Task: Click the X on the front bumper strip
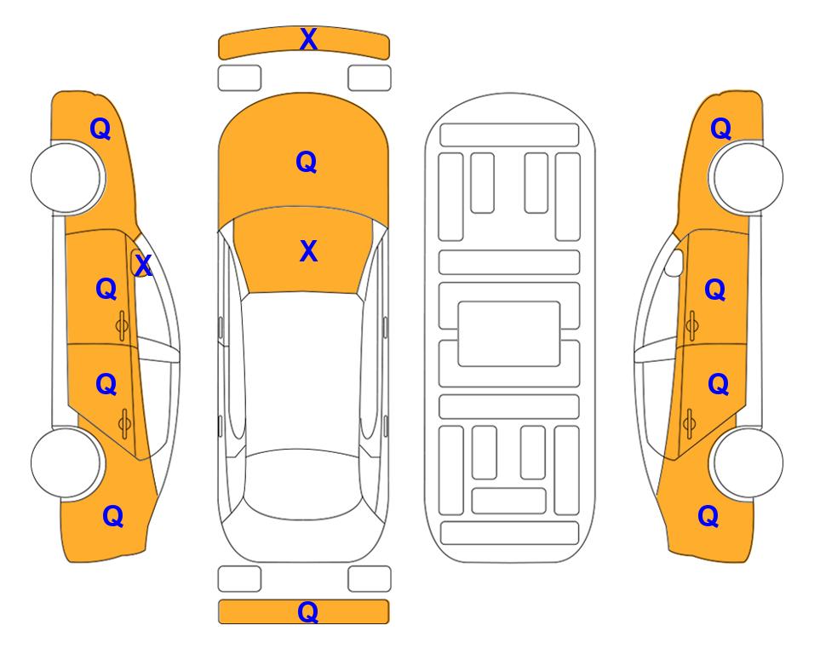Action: pyautogui.click(x=308, y=39)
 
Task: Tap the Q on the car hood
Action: pyautogui.click(x=307, y=162)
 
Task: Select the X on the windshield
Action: pyautogui.click(x=308, y=251)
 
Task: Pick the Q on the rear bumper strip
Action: pyautogui.click(x=308, y=611)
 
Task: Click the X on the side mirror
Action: pyautogui.click(x=143, y=266)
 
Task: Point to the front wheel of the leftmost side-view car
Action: pyautogui.click(x=66, y=177)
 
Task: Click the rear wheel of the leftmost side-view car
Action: pyautogui.click(x=66, y=463)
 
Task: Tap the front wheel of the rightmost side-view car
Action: pyautogui.click(x=748, y=177)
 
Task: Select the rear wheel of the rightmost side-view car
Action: pyautogui.click(x=748, y=463)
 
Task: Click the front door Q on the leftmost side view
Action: pyautogui.click(x=106, y=289)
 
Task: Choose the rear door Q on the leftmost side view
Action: pyautogui.click(x=106, y=385)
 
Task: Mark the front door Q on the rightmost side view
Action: pyautogui.click(x=715, y=290)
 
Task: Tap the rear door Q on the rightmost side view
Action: pyautogui.click(x=718, y=385)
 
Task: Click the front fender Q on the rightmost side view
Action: pyautogui.click(x=720, y=129)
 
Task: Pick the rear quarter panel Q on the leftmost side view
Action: pyautogui.click(x=113, y=516)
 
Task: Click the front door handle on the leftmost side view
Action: pyautogui.click(x=123, y=325)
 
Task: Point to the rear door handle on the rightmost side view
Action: pyautogui.click(x=690, y=423)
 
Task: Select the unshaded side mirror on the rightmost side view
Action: pyautogui.click(x=674, y=262)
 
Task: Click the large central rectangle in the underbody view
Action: pyautogui.click(x=509, y=334)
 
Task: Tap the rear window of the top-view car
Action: pyautogui.click(x=304, y=484)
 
